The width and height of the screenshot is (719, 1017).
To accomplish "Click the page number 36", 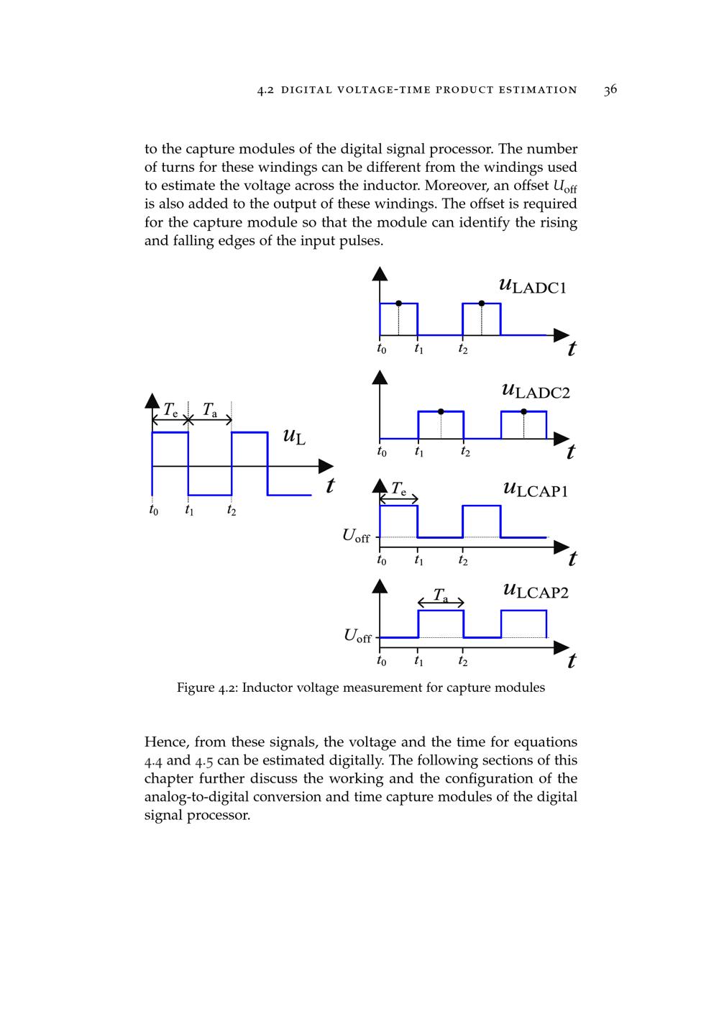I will pos(610,90).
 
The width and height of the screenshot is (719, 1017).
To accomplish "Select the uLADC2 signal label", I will pos(536,391).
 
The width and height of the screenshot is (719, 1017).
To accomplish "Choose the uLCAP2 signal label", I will pos(536,591).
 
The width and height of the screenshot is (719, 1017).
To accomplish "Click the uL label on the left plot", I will pos(294,436).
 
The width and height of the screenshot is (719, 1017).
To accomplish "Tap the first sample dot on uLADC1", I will pos(399,304).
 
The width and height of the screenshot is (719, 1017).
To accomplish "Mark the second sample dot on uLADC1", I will pos(482,304).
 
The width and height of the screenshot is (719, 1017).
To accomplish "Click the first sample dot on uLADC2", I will pos(441,411).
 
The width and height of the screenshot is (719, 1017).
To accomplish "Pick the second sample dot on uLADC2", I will pos(523,411).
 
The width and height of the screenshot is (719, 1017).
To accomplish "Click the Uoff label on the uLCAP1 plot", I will pos(356,536).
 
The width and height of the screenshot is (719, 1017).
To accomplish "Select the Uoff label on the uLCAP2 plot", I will pos(357,636).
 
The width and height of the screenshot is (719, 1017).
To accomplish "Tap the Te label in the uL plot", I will pos(170,411).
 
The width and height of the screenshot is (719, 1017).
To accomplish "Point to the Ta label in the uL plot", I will pos(209,411).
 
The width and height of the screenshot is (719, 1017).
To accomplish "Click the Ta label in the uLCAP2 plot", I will pos(441,596).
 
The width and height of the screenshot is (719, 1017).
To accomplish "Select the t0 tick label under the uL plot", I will pos(153,511).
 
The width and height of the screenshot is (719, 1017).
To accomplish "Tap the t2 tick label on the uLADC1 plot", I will pos(463,350).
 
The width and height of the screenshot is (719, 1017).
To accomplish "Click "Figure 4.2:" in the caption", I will pos(207,688).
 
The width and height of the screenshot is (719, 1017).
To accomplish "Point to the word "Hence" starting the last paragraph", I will pos(167,742).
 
